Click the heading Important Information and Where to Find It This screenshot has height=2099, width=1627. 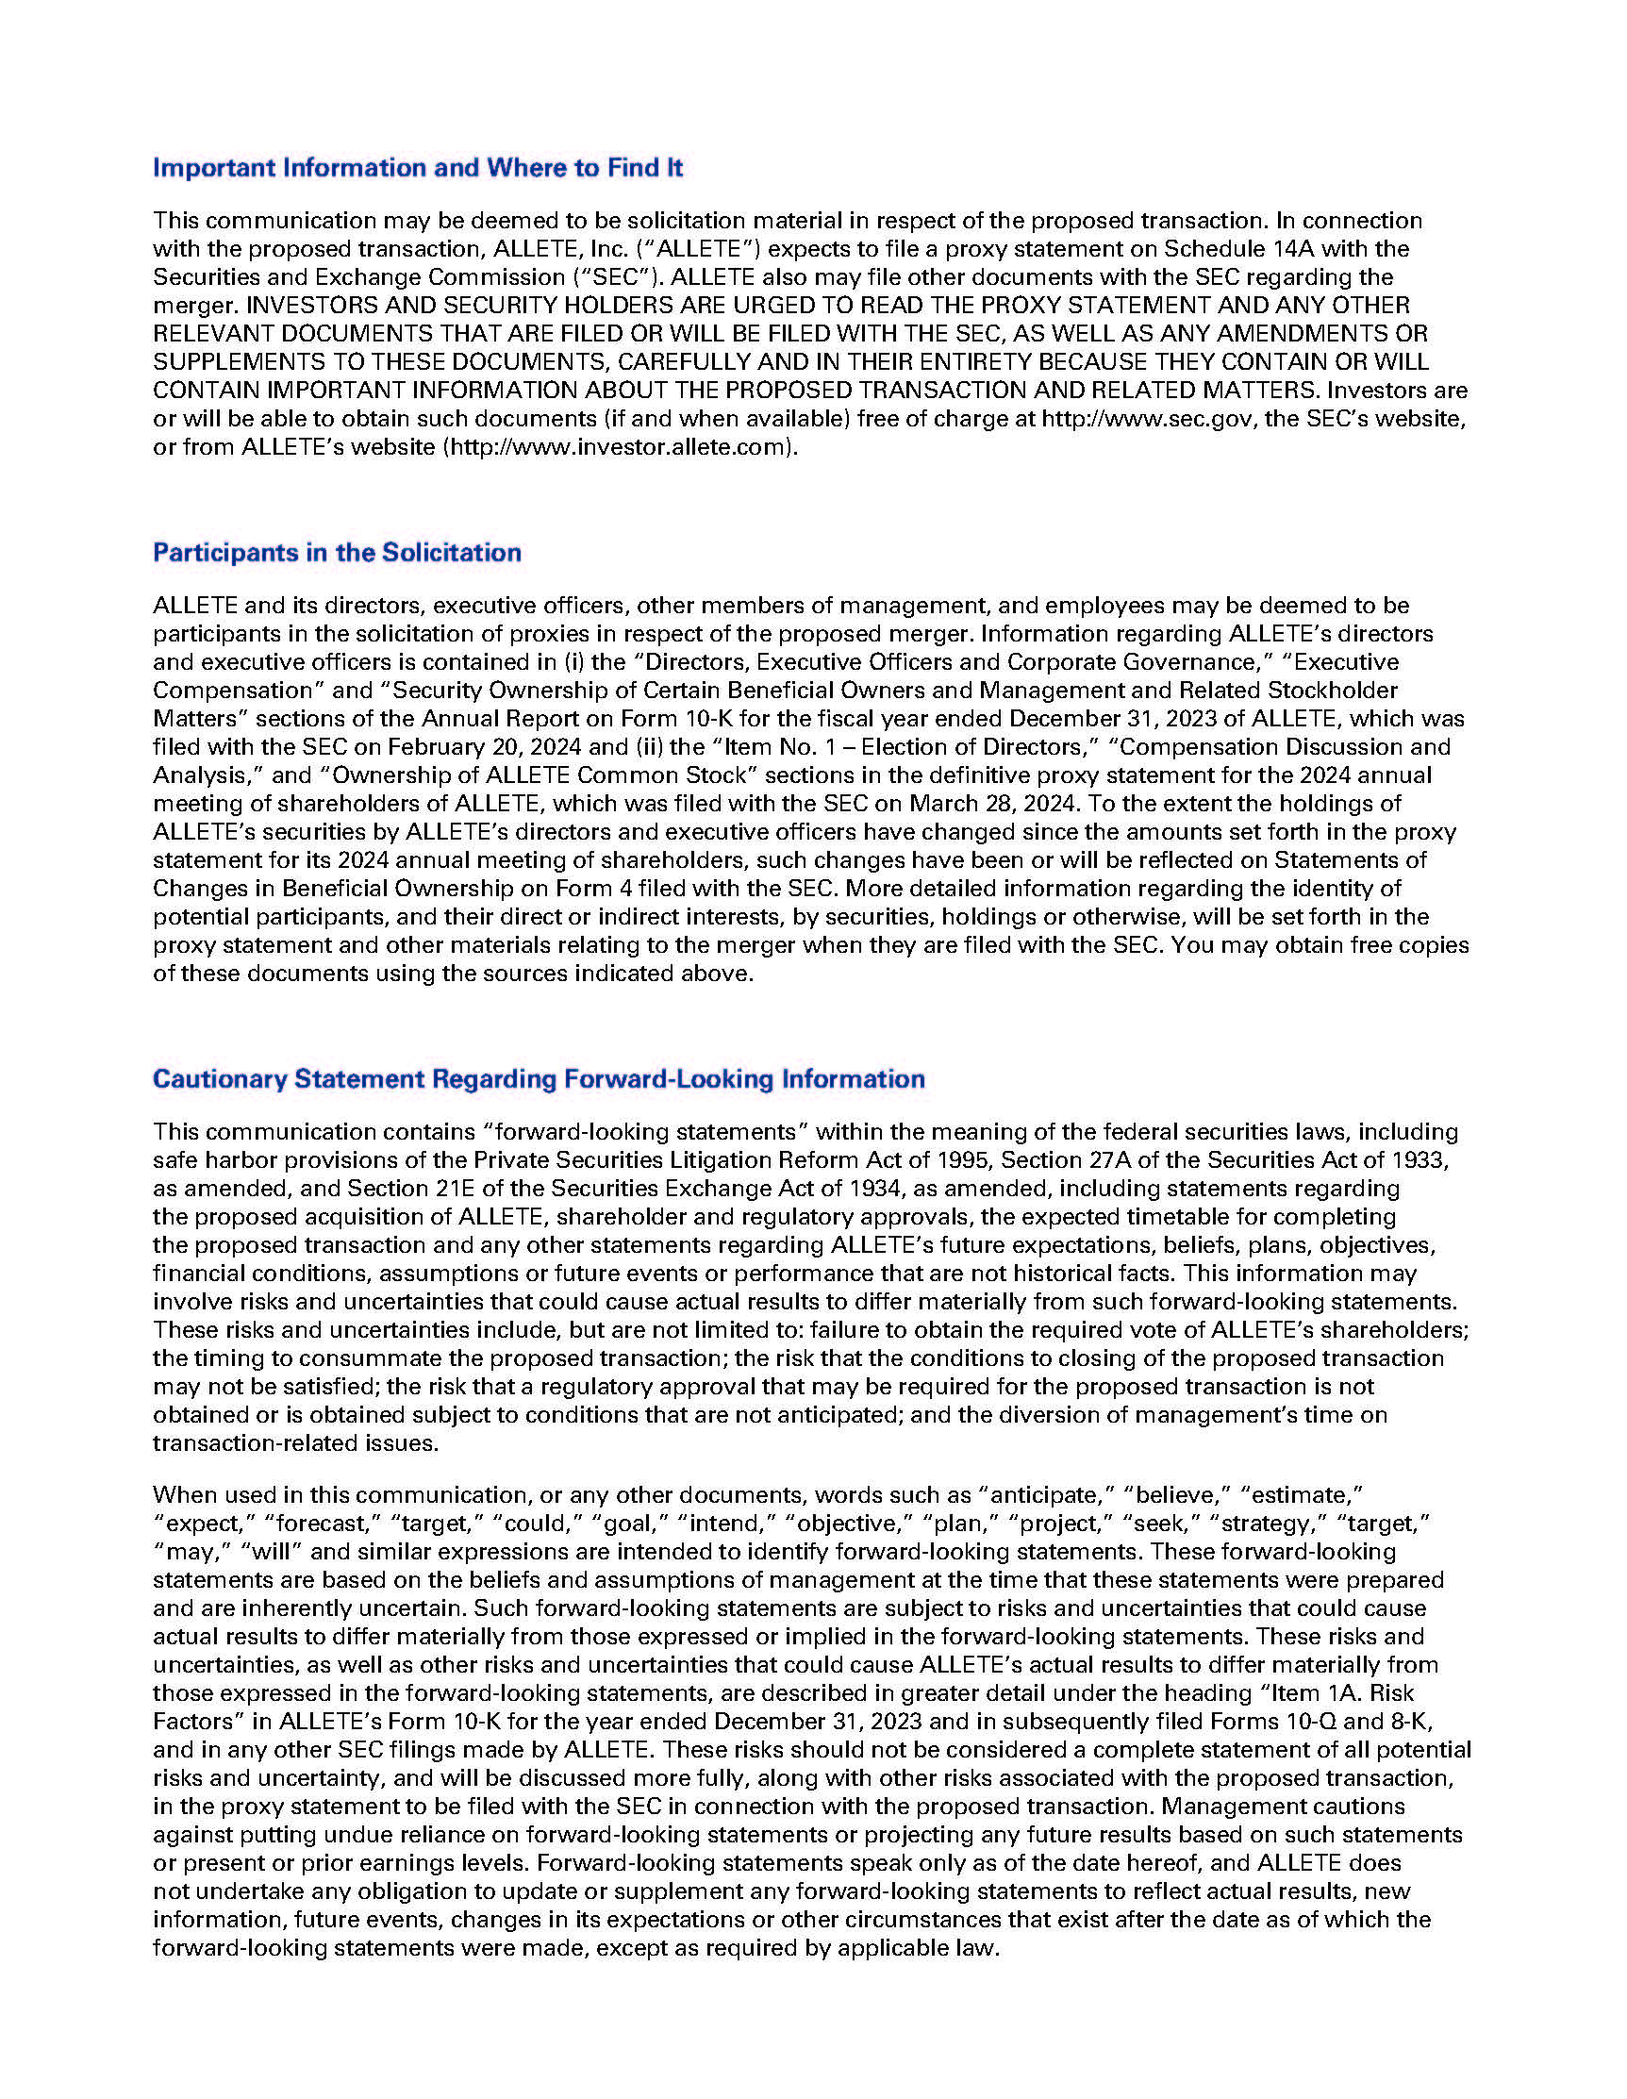coord(417,168)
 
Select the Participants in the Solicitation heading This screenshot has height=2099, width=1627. coord(337,553)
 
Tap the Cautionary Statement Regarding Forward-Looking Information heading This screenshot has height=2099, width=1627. coord(539,1078)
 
